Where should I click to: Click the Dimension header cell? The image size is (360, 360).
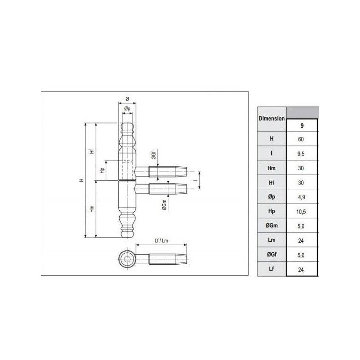[272, 119]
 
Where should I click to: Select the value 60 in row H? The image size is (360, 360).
[301, 139]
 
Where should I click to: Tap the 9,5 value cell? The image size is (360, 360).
[301, 154]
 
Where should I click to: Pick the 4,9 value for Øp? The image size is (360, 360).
[301, 197]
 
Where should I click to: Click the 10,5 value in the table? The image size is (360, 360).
[301, 211]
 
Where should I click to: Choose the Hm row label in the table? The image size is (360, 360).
[271, 168]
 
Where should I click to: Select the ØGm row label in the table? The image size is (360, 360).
[272, 226]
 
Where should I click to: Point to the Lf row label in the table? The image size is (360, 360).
[271, 268]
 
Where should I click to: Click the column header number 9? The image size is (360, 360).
[302, 125]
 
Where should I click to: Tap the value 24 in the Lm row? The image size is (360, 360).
[301, 241]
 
